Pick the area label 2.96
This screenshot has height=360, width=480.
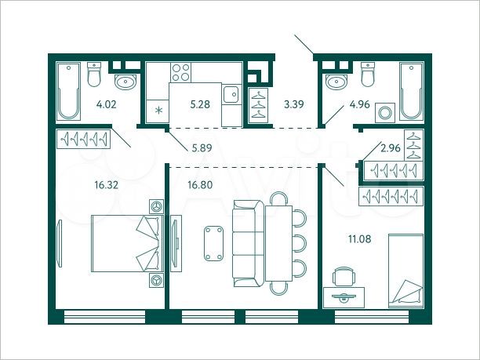pyautogui.click(x=389, y=147)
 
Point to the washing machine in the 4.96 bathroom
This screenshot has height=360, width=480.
pyautogui.click(x=385, y=112)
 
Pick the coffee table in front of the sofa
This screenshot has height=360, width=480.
pyautogui.click(x=212, y=244)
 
